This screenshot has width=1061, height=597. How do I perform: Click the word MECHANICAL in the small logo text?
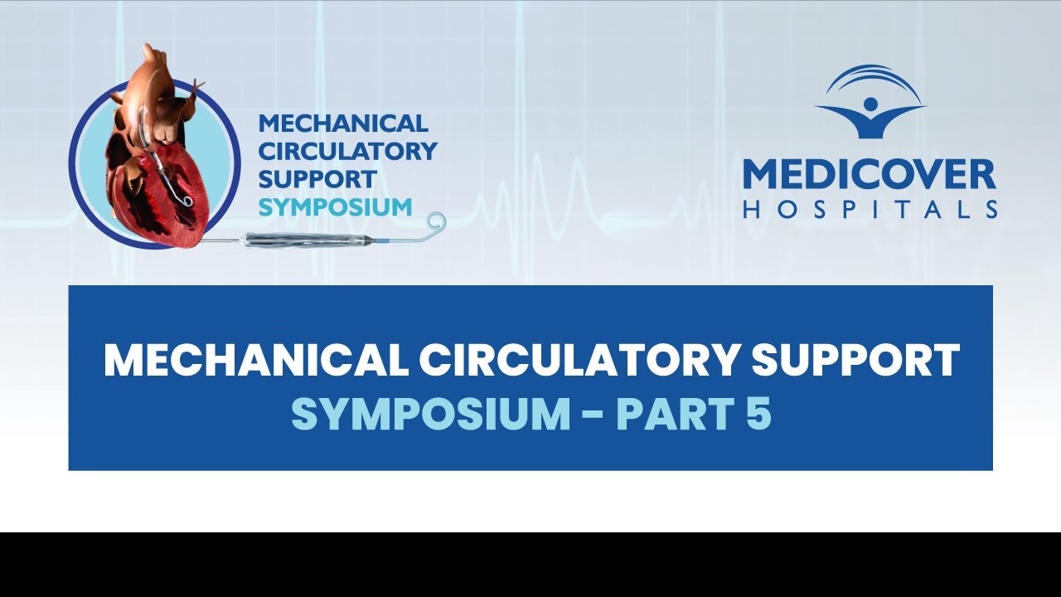(x=343, y=124)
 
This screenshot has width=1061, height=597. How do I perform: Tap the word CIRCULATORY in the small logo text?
(x=347, y=151)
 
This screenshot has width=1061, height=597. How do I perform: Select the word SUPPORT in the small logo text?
(x=317, y=178)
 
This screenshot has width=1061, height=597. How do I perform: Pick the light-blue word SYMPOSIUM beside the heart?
(x=335, y=206)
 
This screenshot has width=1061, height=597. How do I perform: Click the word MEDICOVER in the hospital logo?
(x=869, y=176)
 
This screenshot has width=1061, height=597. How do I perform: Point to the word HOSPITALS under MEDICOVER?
(x=870, y=210)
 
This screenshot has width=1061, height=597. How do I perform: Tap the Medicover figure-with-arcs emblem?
(x=870, y=101)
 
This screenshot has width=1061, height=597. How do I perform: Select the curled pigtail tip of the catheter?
(x=434, y=223)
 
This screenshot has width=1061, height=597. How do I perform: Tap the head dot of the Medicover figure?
(x=870, y=104)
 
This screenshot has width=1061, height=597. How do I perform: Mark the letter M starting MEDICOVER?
(x=761, y=176)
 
